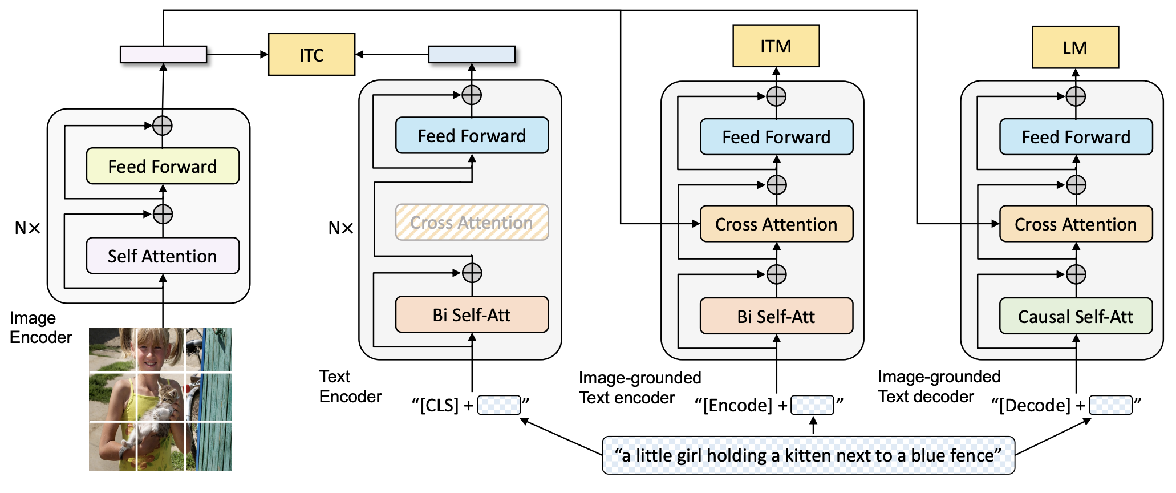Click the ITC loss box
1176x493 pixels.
click(311, 55)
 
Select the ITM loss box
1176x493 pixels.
click(776, 46)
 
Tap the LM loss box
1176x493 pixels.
click(1075, 47)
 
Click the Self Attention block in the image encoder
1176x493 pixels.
click(163, 256)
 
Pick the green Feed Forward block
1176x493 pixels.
click(163, 166)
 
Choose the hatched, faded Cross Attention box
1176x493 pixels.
click(472, 222)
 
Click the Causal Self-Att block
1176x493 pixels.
click(1076, 316)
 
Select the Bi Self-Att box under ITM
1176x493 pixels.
click(776, 316)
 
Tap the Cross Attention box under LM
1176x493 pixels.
click(1076, 224)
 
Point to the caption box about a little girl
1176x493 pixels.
click(808, 455)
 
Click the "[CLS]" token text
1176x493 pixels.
click(439, 405)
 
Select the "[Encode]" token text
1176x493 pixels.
click(737, 405)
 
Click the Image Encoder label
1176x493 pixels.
click(40, 328)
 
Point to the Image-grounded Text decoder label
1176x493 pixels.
click(939, 386)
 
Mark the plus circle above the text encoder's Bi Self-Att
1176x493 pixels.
click(472, 273)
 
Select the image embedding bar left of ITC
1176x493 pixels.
click(163, 54)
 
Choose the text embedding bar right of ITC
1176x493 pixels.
click(472, 54)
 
